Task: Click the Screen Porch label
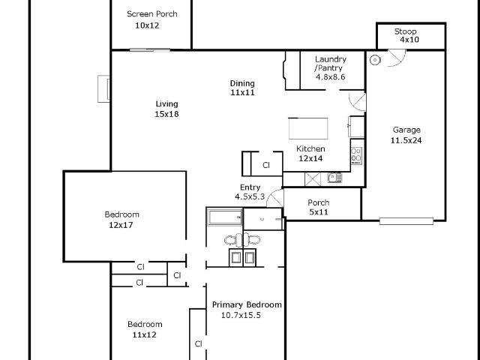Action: click(152, 14)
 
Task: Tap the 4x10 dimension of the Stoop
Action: click(409, 40)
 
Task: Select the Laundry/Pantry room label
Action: click(330, 63)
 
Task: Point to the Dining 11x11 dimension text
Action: click(242, 92)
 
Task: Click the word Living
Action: click(166, 104)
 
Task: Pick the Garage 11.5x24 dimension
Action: click(406, 140)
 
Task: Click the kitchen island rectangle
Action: click(308, 128)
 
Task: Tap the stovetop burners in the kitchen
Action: click(356, 156)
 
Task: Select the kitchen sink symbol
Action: click(334, 178)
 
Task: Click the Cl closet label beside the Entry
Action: click(266, 165)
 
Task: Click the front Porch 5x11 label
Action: click(319, 207)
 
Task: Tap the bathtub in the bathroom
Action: click(225, 217)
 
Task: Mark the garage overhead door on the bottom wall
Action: click(406, 221)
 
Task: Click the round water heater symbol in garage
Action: click(375, 60)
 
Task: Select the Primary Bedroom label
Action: click(247, 305)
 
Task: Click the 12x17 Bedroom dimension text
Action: click(121, 225)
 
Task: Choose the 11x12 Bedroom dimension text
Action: click(145, 335)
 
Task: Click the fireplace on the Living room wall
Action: click(103, 88)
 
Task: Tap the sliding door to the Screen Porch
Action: click(150, 50)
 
